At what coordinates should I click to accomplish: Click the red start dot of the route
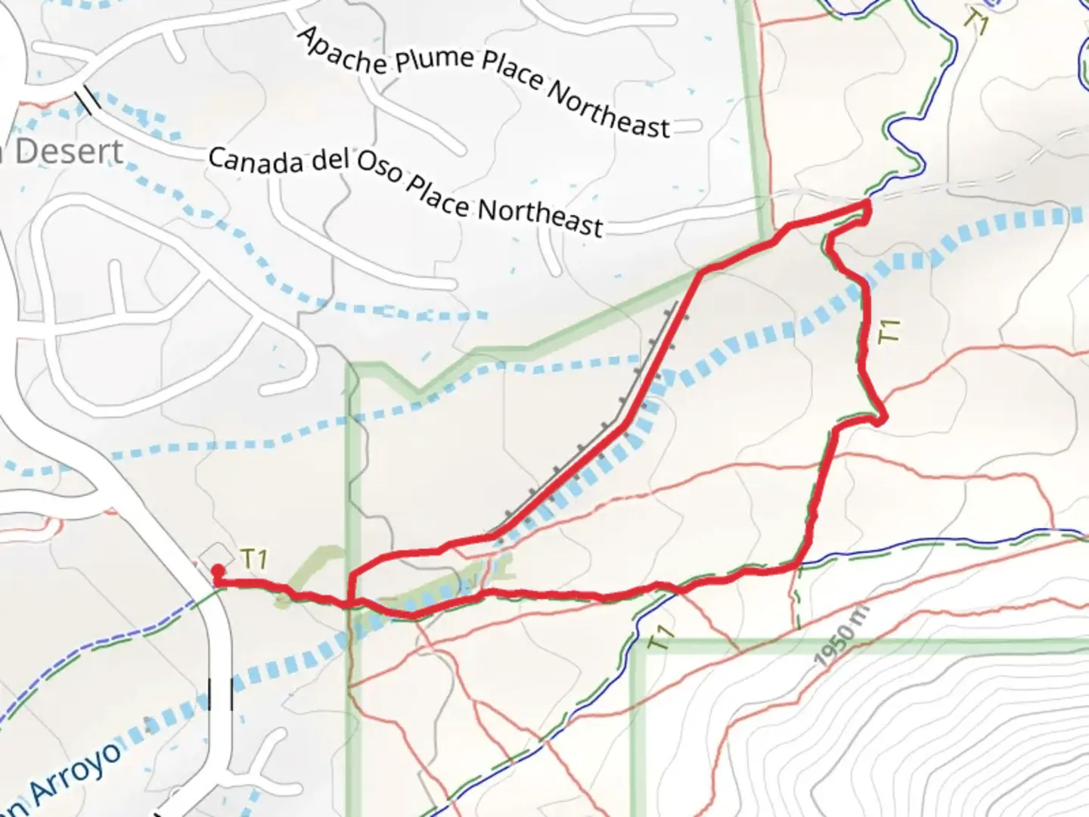(x=218, y=570)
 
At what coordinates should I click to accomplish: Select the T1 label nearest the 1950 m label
(x=661, y=638)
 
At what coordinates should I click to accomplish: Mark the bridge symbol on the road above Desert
(x=88, y=100)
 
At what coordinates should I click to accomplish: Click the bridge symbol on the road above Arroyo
(x=221, y=694)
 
